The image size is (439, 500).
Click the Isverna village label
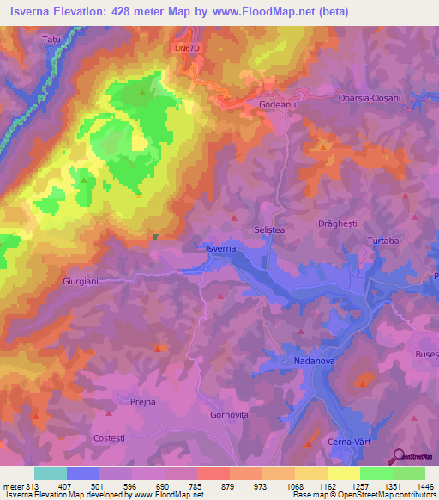click(x=221, y=248)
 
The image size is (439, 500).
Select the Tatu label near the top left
click(x=52, y=40)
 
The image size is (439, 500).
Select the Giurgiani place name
click(x=81, y=280)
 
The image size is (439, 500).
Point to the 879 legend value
click(x=226, y=486)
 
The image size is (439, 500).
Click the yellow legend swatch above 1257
click(x=343, y=473)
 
